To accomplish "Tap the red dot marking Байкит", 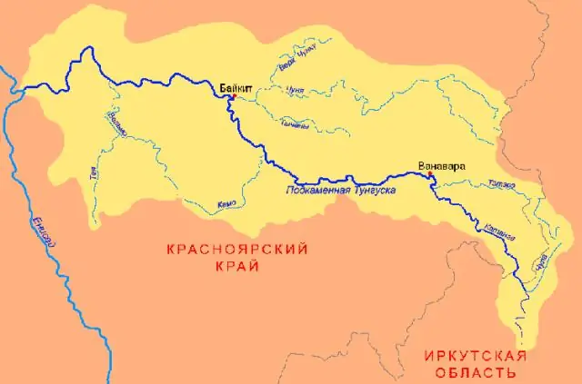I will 233,96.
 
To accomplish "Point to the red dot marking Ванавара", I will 430,178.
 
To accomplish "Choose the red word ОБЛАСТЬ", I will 476,372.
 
